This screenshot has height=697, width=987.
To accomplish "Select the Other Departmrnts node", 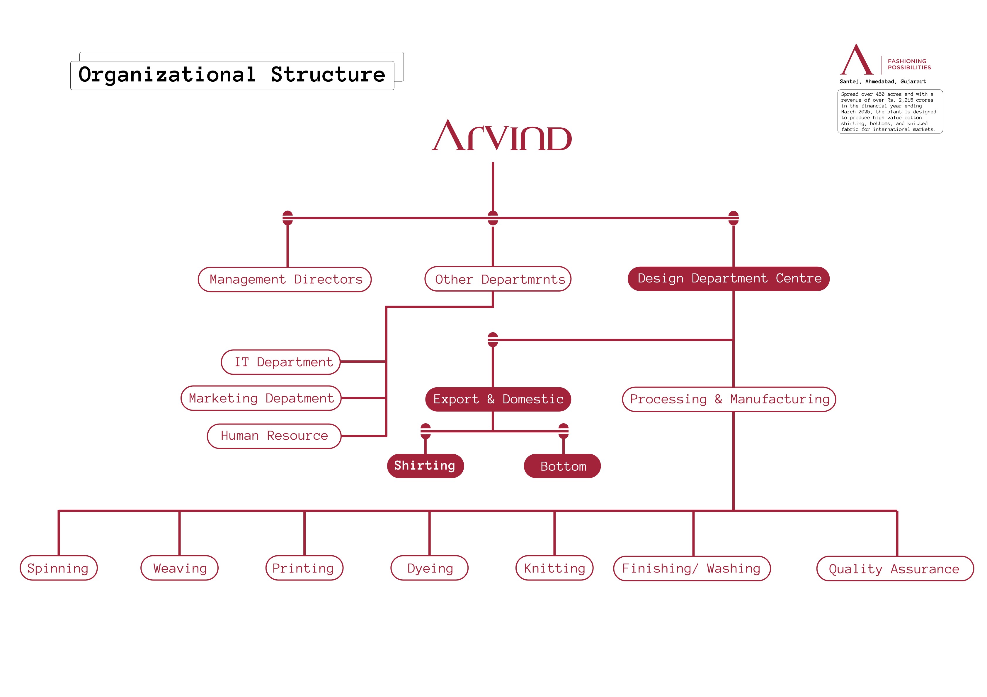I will [498, 279].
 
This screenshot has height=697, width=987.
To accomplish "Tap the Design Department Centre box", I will [728, 279].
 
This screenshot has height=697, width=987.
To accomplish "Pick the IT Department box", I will [281, 362].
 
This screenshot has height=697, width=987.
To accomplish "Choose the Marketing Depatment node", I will [261, 398].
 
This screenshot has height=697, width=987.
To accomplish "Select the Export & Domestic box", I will [498, 399].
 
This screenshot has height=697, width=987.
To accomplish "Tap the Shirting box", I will [425, 466].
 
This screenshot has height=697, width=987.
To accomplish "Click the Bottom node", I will [562, 466].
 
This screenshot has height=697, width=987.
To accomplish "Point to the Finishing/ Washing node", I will [692, 568].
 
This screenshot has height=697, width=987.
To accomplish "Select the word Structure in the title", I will [328, 75].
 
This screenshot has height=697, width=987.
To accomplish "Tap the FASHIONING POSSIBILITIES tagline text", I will [909, 64].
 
